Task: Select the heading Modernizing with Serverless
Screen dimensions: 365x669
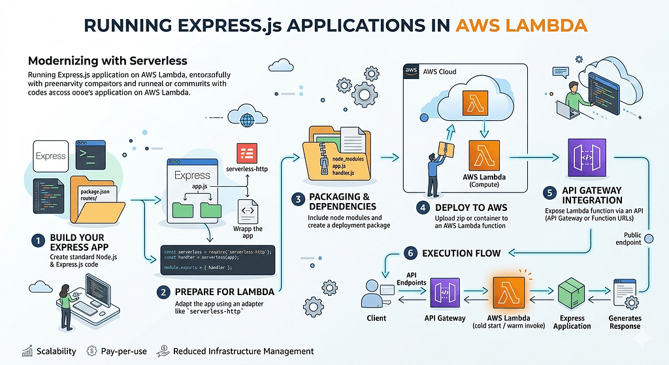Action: pos(108,61)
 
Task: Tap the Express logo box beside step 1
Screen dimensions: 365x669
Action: pos(50,156)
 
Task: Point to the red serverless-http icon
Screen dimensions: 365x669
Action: pos(247,155)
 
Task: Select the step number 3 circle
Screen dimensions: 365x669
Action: pos(297,198)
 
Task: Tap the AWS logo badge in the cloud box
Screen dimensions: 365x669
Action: pos(412,71)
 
